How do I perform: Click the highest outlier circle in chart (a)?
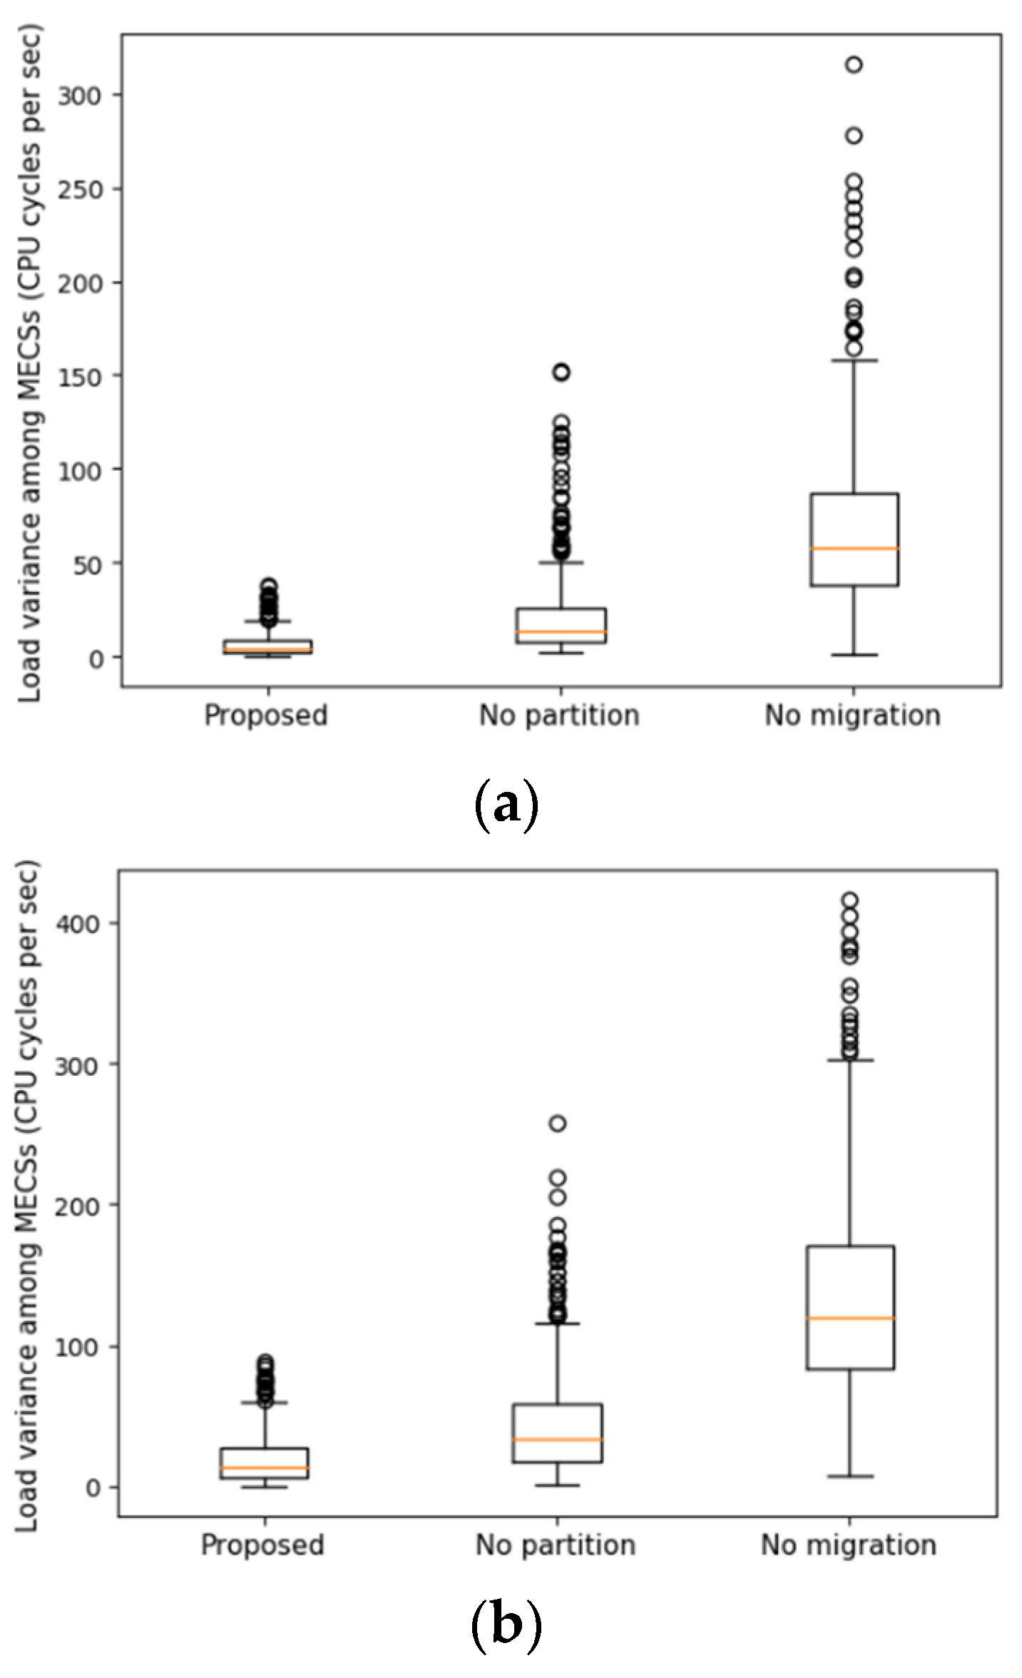tap(854, 65)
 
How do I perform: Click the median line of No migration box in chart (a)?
tap(854, 548)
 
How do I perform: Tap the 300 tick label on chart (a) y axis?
tap(80, 95)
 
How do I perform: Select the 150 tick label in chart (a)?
tap(80, 377)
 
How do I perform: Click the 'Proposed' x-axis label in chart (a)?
tap(265, 715)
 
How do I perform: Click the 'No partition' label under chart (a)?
tap(558, 715)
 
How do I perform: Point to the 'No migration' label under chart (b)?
tap(848, 1545)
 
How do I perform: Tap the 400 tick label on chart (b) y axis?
tap(78, 923)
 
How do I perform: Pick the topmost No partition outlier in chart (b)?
tap(558, 1124)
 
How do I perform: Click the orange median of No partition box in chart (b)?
tap(558, 1439)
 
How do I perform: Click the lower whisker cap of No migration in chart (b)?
tap(850, 1476)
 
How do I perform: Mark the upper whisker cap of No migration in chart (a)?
tap(854, 360)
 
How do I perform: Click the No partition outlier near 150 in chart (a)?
tap(561, 372)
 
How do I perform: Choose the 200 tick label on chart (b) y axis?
tap(78, 1205)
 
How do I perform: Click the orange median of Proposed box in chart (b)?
tap(265, 1468)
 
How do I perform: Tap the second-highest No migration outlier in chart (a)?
tap(854, 136)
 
